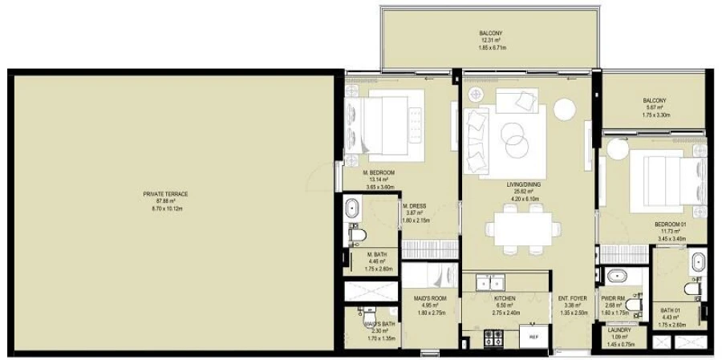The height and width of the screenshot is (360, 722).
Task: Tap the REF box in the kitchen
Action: click(533, 338)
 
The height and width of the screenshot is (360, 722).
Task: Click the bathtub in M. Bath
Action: click(354, 211)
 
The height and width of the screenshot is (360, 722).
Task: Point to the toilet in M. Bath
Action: click(359, 235)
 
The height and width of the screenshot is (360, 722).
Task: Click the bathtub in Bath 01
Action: click(697, 262)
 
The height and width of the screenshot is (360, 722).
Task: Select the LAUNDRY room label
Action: click(619, 330)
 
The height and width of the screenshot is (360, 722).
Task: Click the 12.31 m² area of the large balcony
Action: click(490, 41)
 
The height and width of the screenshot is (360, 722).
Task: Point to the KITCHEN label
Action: click(505, 297)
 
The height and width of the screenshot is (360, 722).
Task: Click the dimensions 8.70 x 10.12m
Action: click(167, 208)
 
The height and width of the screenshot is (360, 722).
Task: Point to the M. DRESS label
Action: click(414, 204)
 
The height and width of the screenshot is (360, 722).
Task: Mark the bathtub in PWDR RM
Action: click(616, 277)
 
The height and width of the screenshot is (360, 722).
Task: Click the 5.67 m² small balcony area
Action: click(655, 108)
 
